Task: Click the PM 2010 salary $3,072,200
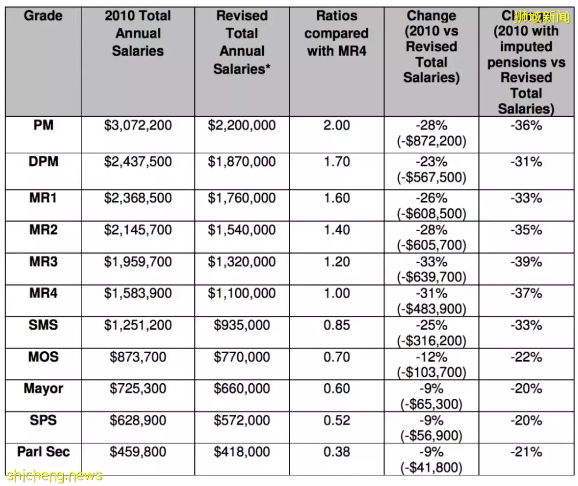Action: click(138, 126)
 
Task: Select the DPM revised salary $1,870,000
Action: click(242, 162)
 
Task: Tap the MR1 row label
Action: click(43, 198)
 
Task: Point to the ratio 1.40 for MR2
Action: click(337, 230)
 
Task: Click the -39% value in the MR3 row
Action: click(527, 262)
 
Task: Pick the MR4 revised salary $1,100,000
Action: click(242, 293)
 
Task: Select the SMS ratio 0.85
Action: click(337, 325)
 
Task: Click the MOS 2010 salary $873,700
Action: click(138, 356)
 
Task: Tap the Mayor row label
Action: click(43, 388)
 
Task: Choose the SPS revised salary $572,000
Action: click(242, 420)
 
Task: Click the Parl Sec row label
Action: click(43, 452)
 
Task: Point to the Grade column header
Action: click(43, 16)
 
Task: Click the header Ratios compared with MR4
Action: click(337, 33)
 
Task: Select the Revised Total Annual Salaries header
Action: click(242, 42)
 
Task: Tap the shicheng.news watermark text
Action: click(54, 475)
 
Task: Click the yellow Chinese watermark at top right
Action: click(542, 18)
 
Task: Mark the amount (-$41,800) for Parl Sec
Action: click(431, 467)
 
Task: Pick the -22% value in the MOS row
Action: click(527, 357)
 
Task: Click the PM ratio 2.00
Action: click(337, 126)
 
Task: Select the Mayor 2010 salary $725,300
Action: click(138, 388)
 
